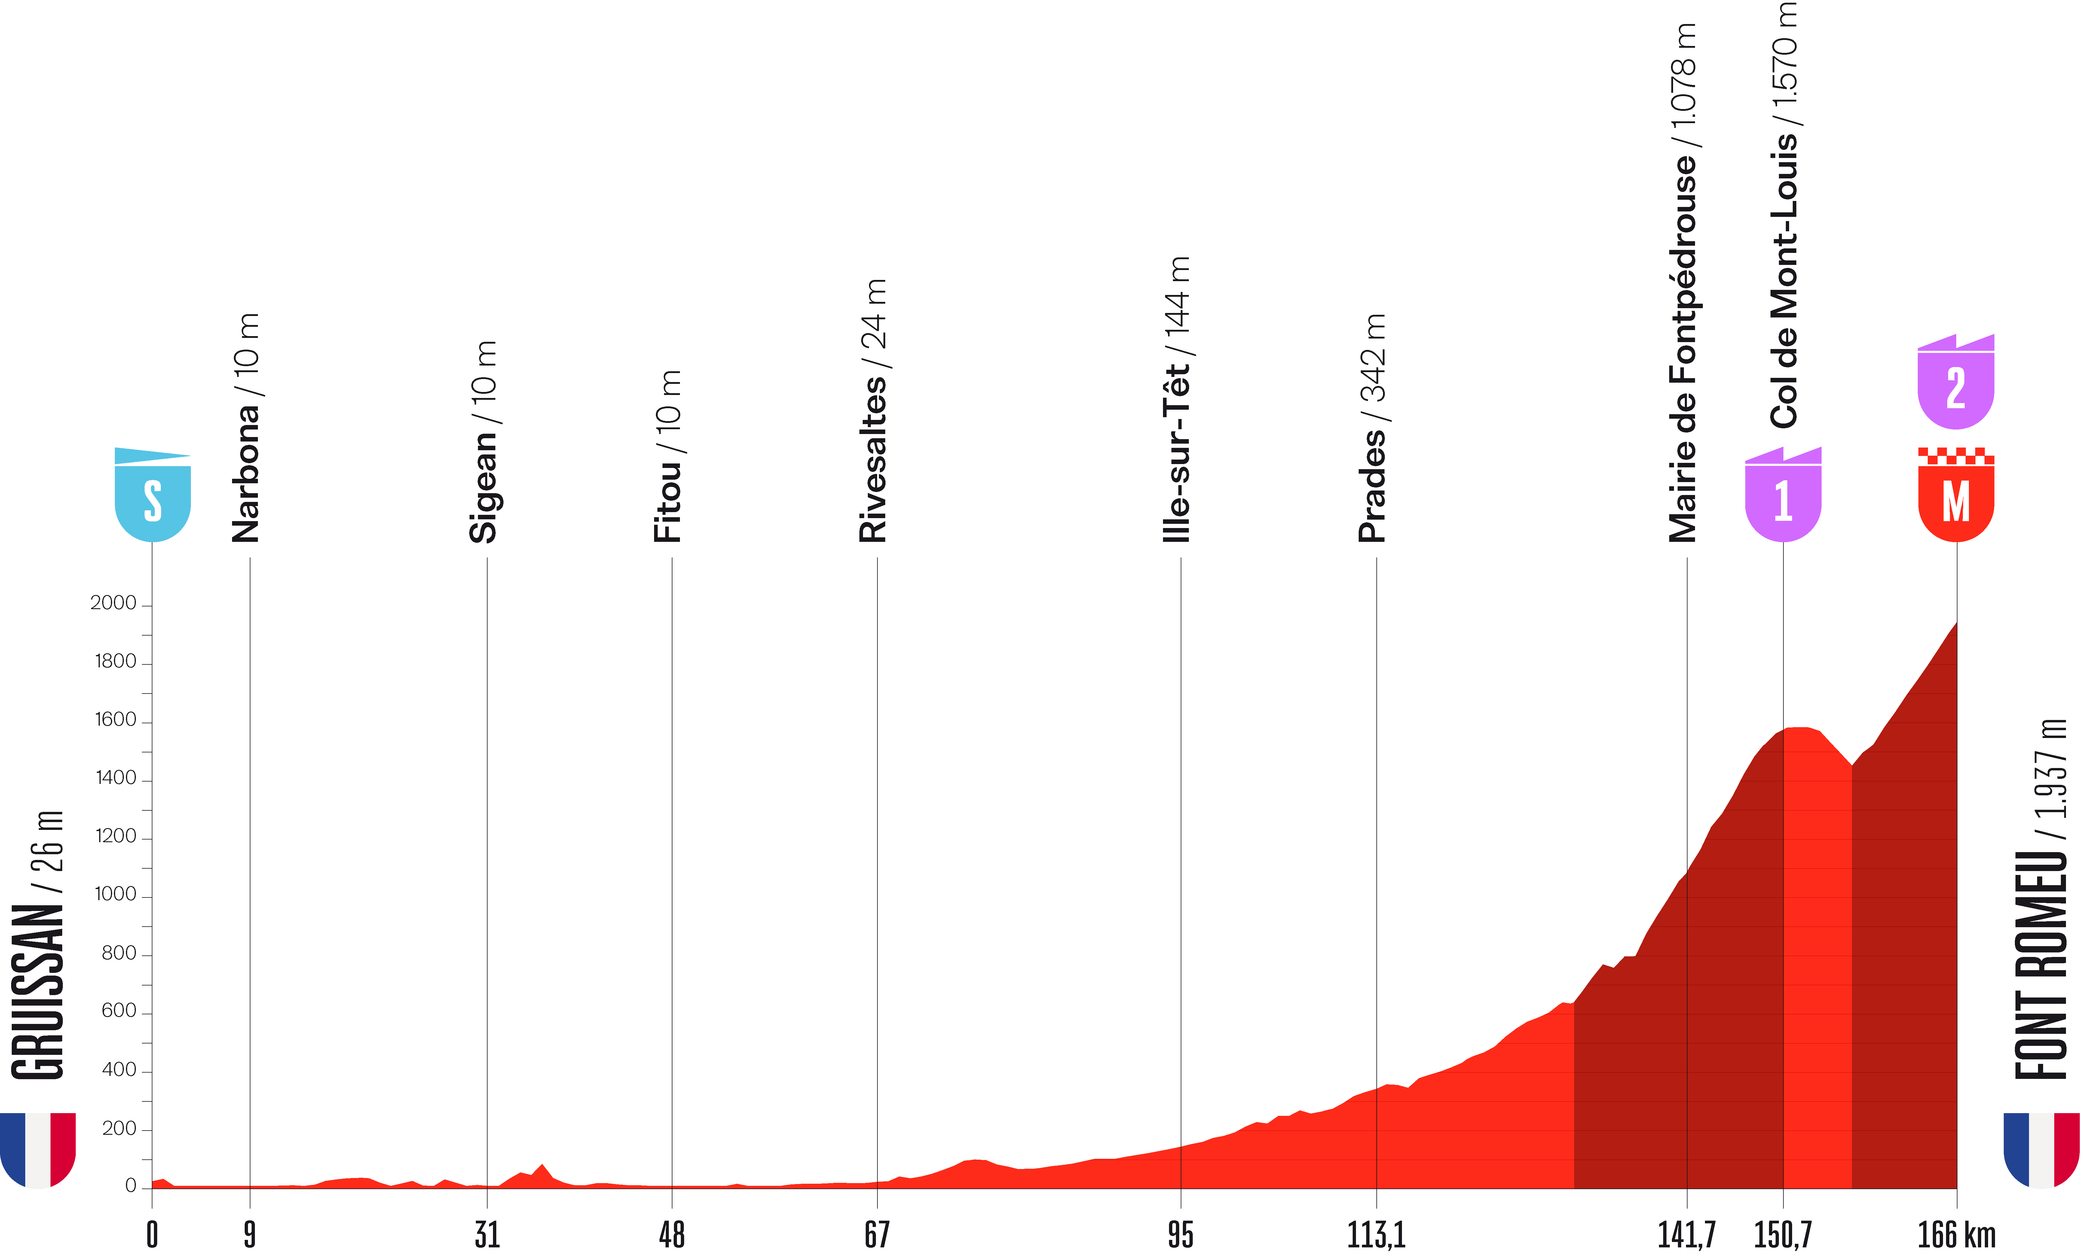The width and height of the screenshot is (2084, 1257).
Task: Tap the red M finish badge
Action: click(x=1955, y=499)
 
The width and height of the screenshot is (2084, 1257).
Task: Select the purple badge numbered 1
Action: click(x=1783, y=499)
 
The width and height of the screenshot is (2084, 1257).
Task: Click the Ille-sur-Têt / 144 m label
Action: click(x=1177, y=399)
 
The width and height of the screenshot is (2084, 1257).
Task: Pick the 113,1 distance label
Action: click(x=1376, y=1235)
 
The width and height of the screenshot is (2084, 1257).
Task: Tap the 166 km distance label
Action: click(x=1955, y=1235)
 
